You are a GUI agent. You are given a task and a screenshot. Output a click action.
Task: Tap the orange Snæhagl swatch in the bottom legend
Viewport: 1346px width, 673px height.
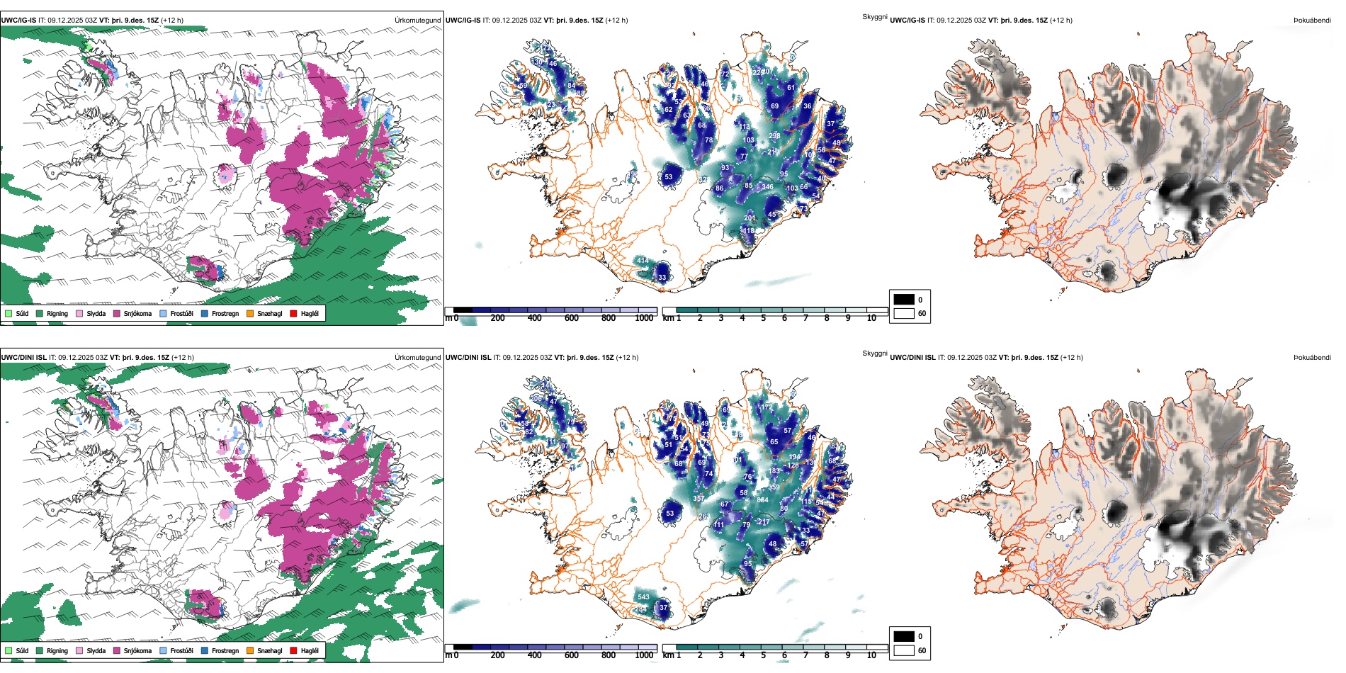250,650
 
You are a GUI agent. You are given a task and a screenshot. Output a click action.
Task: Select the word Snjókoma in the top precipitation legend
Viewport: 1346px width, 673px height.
137,313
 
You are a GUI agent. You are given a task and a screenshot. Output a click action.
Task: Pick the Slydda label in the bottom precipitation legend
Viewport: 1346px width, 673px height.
96,650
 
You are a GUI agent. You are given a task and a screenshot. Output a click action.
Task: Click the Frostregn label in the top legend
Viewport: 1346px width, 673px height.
225,313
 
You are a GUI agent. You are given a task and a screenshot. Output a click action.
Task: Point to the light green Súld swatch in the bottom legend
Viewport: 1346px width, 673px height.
9,650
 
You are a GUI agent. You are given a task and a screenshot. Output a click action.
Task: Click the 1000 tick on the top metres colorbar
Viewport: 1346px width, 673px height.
644,318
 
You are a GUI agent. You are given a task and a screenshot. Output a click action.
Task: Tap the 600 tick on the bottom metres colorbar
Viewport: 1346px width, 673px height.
572,655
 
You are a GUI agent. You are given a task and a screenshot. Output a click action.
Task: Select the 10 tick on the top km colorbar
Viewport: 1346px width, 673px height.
871,318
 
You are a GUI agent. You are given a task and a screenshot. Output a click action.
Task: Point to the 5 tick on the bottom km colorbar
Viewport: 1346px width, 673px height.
764,655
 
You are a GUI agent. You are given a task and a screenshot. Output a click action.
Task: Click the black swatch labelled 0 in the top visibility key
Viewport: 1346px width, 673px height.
904,300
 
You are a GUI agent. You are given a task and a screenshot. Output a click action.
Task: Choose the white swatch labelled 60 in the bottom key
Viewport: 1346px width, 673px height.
904,650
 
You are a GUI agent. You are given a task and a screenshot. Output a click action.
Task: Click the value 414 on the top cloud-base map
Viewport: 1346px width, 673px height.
643,261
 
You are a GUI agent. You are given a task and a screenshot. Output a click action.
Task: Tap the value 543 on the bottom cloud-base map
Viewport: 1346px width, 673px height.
643,597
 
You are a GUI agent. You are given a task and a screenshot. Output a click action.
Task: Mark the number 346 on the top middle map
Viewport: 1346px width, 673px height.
767,187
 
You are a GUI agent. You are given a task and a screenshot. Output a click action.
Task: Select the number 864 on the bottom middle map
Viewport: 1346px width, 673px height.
762,500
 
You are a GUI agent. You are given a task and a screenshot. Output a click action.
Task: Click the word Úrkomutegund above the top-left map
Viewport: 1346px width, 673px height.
417,20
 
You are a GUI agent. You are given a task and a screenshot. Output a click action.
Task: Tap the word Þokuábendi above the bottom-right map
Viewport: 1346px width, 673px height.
1312,357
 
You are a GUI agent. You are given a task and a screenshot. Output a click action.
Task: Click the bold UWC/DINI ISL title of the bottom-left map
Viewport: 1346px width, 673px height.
23,357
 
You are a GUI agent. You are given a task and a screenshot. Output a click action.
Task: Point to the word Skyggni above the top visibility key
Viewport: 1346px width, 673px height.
874,16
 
